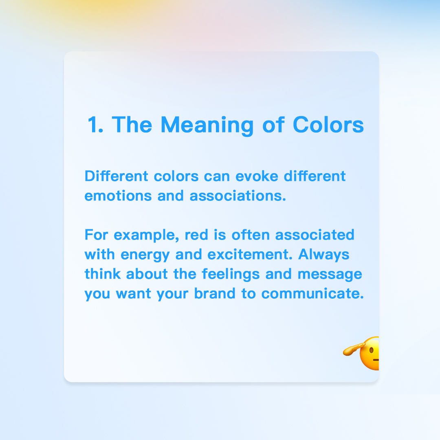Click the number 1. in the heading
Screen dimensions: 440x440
[x=95, y=125]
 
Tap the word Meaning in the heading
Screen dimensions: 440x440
[x=207, y=126]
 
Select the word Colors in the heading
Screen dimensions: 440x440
[x=328, y=125]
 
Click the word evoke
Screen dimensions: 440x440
[x=257, y=176]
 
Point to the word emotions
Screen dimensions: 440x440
[x=118, y=196]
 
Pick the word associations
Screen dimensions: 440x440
[x=238, y=196]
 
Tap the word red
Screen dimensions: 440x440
[x=196, y=235]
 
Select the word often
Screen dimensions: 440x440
[x=251, y=235]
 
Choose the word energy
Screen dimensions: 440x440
[x=145, y=255]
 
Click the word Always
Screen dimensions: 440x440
[x=323, y=255]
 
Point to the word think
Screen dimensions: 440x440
[x=103, y=274]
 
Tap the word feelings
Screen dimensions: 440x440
[x=231, y=275]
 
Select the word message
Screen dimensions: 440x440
[x=330, y=275]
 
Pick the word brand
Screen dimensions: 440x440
[x=215, y=293]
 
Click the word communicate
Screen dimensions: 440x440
[x=312, y=293]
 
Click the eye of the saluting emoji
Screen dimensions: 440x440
[x=371, y=350]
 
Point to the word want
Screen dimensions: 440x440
[x=134, y=294]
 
